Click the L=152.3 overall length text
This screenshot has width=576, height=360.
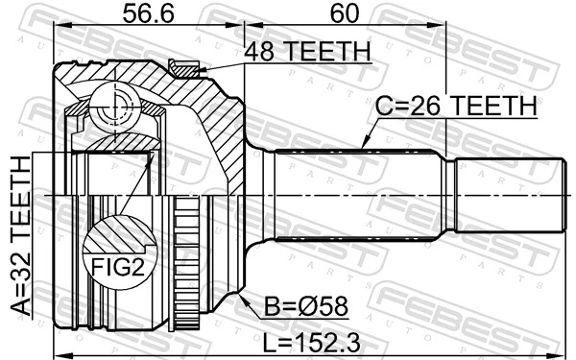(x=316, y=337)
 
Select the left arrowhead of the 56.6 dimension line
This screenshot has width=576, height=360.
(x=56, y=29)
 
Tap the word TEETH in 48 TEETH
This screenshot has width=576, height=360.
(x=332, y=52)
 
